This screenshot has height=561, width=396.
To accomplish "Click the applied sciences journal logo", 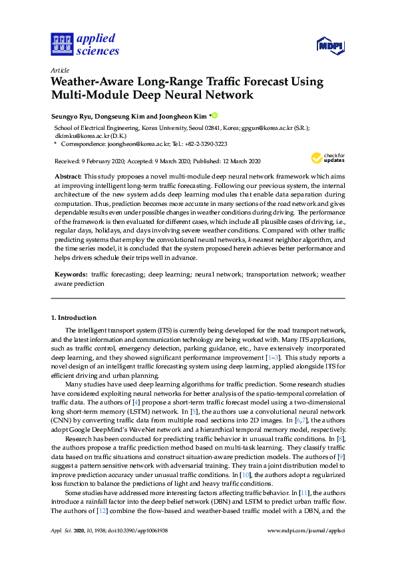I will (x=84, y=44).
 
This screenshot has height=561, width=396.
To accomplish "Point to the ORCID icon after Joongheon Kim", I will (x=215, y=114).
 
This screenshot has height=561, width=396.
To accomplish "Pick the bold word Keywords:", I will (x=71, y=274).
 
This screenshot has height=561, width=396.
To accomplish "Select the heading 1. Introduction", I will (x=74, y=317).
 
